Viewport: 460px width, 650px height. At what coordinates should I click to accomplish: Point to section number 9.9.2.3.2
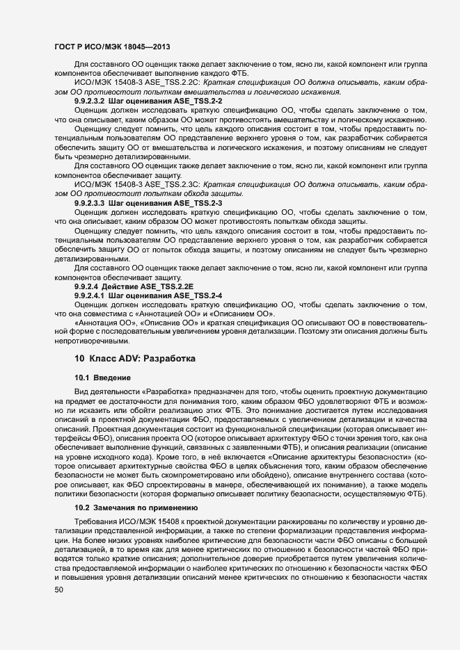click(89, 101)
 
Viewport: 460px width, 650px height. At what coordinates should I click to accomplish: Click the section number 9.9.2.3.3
click(89, 202)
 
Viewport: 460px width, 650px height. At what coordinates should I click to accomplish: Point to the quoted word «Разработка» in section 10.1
click(157, 392)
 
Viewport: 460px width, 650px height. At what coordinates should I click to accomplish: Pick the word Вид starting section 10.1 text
click(81, 392)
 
